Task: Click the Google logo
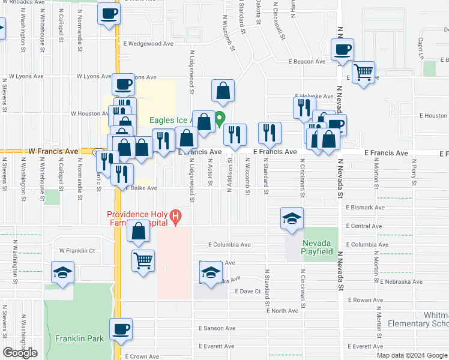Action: point(20,353)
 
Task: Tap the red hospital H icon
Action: point(175,215)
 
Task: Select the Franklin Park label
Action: point(79,338)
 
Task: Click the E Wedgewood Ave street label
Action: point(148,44)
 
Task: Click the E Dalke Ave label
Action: point(142,188)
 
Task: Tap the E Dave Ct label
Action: point(249,291)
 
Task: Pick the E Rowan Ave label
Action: point(366,299)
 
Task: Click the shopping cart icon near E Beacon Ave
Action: point(363,73)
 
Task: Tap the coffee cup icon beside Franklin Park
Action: point(121,329)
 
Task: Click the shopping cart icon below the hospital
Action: point(143,261)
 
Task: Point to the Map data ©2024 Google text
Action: point(411,355)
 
